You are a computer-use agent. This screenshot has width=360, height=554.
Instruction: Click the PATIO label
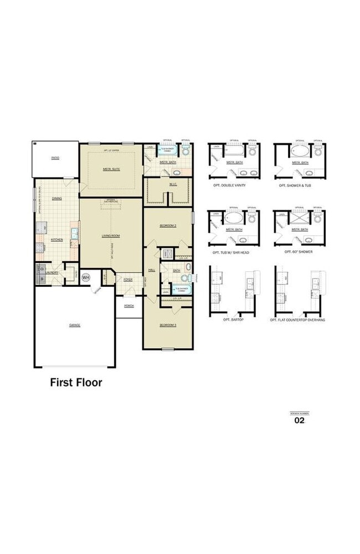(x=55, y=158)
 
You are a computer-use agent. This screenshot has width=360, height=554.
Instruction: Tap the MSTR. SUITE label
(x=111, y=169)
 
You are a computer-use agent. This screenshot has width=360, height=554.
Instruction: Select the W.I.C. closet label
(x=173, y=184)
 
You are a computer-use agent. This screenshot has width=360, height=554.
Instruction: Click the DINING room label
(x=57, y=198)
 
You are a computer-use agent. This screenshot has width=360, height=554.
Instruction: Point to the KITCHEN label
(x=56, y=240)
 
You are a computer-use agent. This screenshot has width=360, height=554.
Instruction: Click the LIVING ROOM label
(x=111, y=235)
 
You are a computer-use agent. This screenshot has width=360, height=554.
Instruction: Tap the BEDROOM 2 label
(x=168, y=226)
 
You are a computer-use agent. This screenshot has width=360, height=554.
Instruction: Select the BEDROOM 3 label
(x=168, y=325)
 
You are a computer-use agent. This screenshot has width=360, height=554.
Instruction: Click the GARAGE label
(x=75, y=325)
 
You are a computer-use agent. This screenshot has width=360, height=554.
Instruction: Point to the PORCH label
(x=128, y=306)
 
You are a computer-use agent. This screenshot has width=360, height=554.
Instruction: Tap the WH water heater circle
(x=86, y=277)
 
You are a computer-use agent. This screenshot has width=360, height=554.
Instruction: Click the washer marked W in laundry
(x=42, y=279)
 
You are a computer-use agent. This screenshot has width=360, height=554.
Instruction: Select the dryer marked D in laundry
(x=42, y=269)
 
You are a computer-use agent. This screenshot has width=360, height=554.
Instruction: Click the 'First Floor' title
(x=76, y=382)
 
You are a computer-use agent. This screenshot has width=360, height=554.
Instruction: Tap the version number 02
(x=299, y=420)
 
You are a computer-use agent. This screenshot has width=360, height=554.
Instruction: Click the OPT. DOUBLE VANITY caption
(x=229, y=185)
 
